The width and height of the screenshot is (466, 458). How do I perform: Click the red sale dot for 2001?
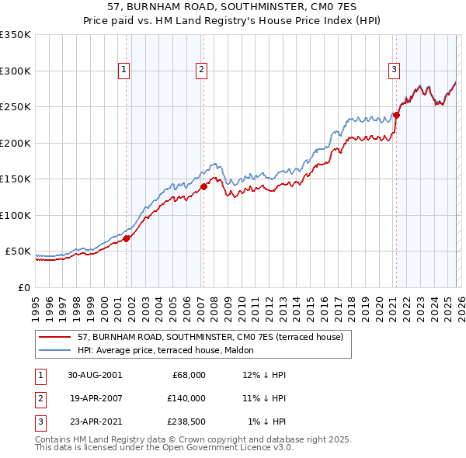click(127, 238)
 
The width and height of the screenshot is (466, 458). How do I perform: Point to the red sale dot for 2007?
click(203, 186)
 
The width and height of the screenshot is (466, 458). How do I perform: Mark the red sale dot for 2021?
click(396, 115)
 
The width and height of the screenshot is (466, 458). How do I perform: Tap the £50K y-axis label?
click(18, 252)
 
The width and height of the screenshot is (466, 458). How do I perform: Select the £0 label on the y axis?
click(24, 287)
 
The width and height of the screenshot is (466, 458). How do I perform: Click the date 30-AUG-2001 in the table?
click(95, 374)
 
